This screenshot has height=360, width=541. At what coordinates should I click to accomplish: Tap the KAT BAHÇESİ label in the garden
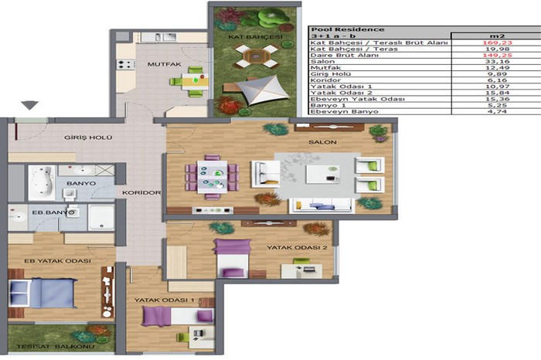[x=255, y=36]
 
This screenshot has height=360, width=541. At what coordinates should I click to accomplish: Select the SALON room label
[x=322, y=142]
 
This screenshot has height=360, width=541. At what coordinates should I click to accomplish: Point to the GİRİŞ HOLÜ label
[x=88, y=138]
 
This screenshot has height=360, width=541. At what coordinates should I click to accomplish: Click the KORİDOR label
[x=141, y=193]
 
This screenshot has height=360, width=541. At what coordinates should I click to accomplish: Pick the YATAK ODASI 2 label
[x=297, y=247]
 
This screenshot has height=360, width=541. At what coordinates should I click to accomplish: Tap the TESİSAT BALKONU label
[x=55, y=346]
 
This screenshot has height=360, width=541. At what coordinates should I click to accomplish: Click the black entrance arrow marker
[x=29, y=105]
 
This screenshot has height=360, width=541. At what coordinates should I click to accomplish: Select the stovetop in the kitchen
[x=126, y=64]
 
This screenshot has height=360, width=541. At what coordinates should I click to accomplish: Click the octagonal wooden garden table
[x=256, y=56]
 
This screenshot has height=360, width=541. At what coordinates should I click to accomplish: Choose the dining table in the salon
[x=212, y=177]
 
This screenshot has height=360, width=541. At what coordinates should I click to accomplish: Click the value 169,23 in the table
[x=497, y=42]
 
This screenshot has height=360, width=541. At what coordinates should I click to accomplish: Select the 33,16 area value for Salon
[x=497, y=61]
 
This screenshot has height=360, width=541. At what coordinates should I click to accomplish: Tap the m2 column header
[x=497, y=36]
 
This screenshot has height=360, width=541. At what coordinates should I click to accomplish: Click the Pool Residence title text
[x=348, y=29]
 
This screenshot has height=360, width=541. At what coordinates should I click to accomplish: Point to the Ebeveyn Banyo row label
[x=344, y=112]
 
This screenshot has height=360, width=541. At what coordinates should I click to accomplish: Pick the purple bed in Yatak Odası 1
[x=178, y=316]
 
